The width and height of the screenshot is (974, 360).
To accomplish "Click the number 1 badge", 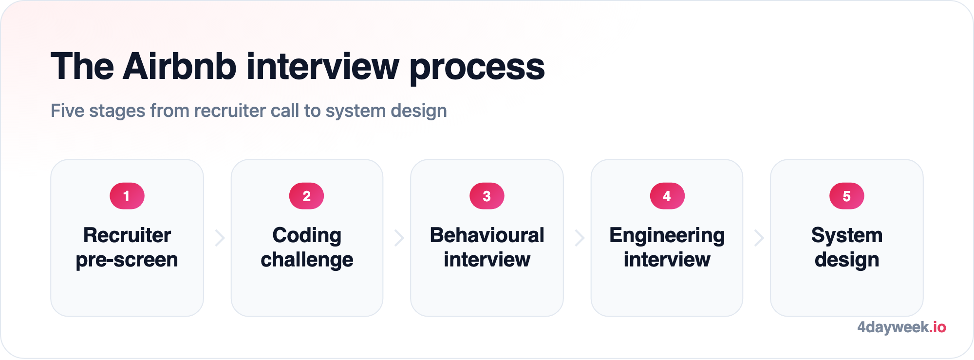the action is point(127,196).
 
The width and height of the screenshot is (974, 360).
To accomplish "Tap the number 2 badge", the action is point(307,196).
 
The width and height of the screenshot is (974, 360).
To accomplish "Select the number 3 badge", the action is point(487,196).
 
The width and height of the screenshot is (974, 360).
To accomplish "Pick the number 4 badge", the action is point(667,196).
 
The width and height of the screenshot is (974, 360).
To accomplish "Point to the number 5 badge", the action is point(847,196).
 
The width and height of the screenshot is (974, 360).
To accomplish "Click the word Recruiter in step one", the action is point(127,235).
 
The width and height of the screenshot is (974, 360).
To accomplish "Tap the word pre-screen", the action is point(127,260).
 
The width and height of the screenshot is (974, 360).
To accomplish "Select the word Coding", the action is point(307,236).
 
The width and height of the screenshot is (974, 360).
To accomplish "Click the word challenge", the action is point(307,260).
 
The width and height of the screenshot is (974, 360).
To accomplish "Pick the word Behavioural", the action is point(487,235).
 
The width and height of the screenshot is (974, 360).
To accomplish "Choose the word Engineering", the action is point(667,236).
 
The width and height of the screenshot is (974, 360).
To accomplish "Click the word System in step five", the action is point(847,236).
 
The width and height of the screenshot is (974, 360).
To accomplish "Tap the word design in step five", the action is point(847,260).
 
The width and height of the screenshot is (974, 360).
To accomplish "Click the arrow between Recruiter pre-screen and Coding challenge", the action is point(220,238).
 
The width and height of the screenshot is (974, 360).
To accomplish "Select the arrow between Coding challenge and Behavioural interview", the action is point(400,238).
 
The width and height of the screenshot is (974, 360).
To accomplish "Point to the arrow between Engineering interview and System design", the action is point(759,238).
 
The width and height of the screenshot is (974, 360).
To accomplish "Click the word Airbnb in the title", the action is point(180,66).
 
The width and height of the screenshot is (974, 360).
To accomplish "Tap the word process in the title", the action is point(477,68).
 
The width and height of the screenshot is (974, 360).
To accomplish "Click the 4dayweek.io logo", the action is point(901,327).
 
